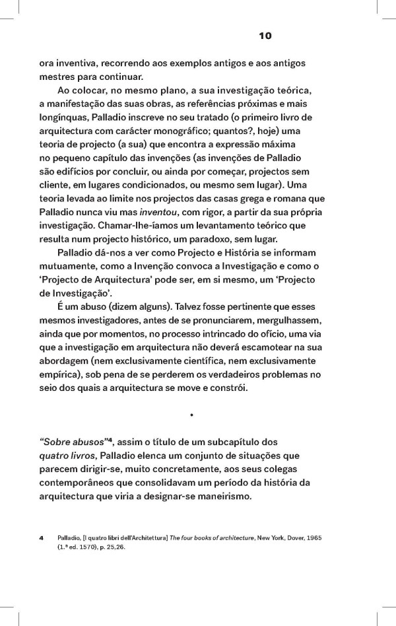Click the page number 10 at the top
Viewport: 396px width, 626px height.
265,35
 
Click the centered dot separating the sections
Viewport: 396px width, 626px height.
191,415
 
